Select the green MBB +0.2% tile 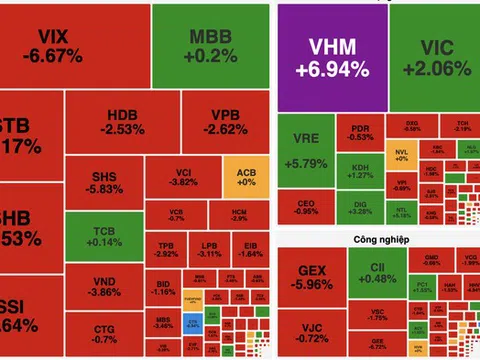tap(209, 47)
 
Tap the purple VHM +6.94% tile tap(323, 57)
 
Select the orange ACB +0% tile tap(246, 178)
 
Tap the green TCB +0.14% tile tap(104, 234)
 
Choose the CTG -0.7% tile tap(104, 336)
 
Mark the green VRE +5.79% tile tap(302, 154)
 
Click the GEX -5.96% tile tap(310, 275)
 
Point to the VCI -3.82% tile tap(181, 177)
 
